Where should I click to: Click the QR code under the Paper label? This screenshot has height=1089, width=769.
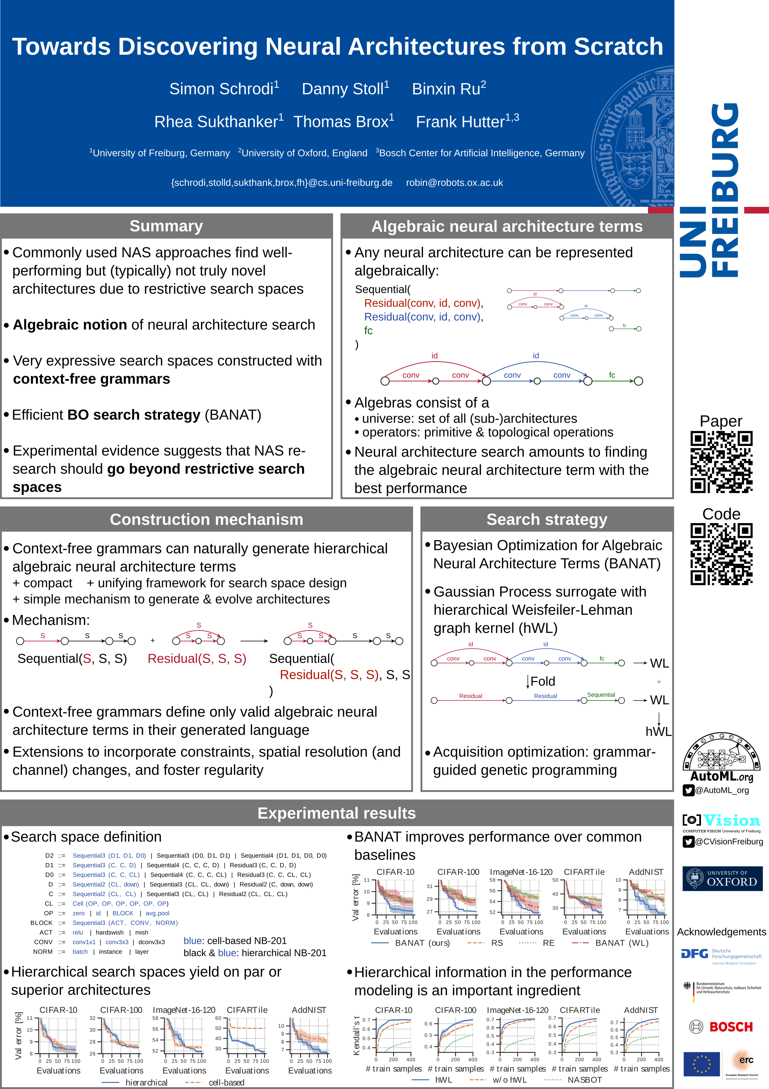[721, 462]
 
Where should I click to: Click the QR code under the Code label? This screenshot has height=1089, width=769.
[721, 554]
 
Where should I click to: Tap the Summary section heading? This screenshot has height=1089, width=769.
[166, 226]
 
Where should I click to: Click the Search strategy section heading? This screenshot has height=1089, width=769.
[547, 520]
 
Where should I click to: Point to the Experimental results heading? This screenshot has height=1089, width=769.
[336, 813]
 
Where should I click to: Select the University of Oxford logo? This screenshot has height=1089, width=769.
[722, 878]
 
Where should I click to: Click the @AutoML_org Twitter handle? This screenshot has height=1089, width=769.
[722, 790]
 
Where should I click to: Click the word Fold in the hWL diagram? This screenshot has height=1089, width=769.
[543, 682]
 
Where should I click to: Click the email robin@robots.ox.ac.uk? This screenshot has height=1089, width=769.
[454, 183]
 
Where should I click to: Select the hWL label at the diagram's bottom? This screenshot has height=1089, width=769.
[658, 732]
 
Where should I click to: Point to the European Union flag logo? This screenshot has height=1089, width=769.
[701, 1064]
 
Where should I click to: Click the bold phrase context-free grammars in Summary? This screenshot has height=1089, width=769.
[91, 379]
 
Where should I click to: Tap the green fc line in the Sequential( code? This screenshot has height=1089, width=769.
[368, 331]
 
